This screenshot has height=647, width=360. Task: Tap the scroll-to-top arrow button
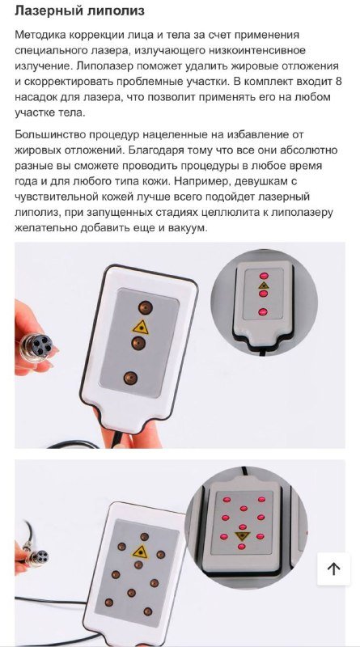333,569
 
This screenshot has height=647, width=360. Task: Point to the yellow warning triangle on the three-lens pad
142,326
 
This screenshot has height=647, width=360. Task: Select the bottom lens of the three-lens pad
131,377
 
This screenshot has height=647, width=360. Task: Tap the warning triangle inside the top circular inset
262,286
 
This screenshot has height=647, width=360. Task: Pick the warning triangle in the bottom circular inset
241,535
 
